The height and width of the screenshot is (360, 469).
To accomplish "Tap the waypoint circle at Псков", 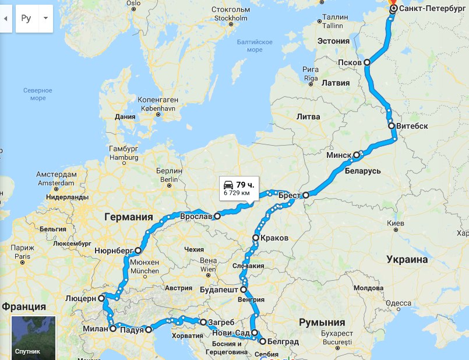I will (367, 62).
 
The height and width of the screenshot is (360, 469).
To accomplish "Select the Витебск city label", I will (412, 126).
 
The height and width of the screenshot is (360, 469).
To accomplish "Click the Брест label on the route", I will (290, 196).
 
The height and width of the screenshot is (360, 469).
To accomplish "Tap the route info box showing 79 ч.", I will (238, 188).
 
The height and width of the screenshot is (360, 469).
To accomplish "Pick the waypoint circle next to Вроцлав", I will (217, 216).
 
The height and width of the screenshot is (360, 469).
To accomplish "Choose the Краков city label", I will (275, 238).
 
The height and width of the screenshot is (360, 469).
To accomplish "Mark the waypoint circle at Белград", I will (262, 341).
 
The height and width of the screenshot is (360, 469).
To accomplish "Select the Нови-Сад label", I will (230, 333).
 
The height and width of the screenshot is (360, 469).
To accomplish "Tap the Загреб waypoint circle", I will (203, 322).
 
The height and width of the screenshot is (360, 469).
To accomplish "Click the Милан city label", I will (96, 329).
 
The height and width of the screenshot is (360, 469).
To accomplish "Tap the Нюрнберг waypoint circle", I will (138, 251).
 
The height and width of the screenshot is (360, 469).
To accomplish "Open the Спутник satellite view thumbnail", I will (33, 337).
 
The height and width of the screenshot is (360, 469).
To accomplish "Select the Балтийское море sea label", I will (255, 46).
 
